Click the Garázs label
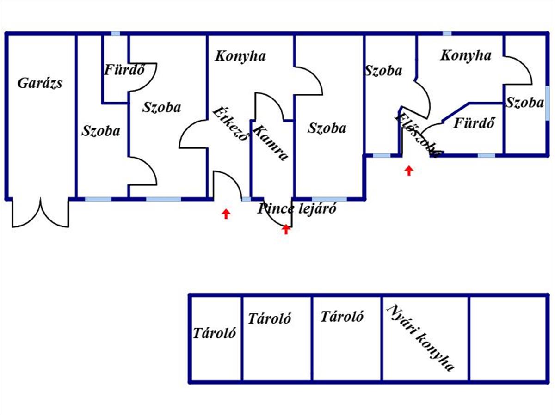pos(40,83)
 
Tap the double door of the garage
pos(41,214)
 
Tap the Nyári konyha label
pos(420,338)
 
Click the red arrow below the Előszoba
pos(408,171)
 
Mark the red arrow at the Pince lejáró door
pos(286,229)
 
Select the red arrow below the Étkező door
pos(226,214)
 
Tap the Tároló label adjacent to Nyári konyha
pos(342,317)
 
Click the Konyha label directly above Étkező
pos(240,56)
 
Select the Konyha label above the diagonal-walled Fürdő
pos(465,55)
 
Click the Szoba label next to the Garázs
pos(101,131)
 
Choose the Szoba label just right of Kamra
pos(327,128)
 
